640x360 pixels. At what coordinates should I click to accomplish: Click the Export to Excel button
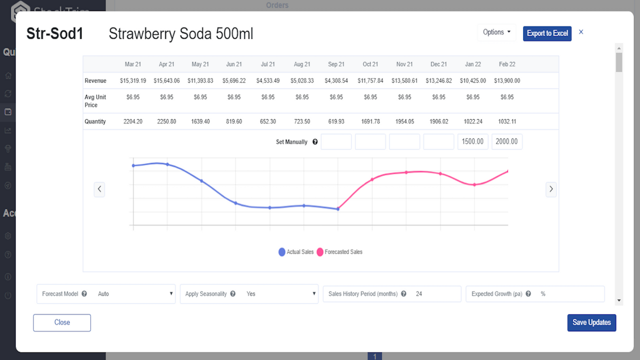[547, 33]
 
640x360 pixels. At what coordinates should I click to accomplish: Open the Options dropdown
[496, 32]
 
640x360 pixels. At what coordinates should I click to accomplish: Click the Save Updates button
[591, 322]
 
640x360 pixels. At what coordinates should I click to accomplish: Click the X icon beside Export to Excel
[581, 32]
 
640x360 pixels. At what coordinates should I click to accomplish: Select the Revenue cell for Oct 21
[370, 80]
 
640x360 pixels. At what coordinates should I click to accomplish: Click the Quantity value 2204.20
[133, 121]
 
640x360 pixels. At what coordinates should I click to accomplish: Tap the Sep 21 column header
[336, 64]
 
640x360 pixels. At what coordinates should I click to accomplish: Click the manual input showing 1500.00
[472, 142]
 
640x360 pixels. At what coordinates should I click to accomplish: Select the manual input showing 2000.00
[506, 142]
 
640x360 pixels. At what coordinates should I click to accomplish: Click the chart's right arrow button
[551, 189]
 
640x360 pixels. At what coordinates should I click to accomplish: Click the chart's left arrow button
[99, 189]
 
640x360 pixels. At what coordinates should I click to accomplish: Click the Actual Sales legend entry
[296, 252]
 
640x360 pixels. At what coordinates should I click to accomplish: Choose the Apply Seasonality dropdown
[280, 294]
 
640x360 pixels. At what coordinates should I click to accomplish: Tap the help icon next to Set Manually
[315, 142]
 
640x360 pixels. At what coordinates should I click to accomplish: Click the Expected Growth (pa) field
[570, 294]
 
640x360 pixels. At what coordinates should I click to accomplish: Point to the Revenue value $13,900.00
[507, 80]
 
